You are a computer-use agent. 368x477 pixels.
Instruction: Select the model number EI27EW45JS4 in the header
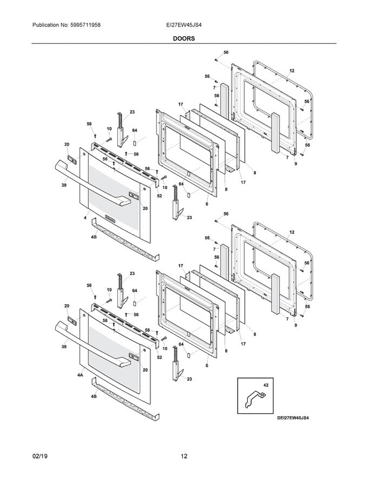click(184, 25)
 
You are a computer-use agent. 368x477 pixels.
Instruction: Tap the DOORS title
click(184, 38)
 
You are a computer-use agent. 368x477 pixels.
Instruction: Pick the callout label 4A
click(81, 375)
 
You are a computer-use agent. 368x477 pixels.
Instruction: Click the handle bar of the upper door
click(92, 184)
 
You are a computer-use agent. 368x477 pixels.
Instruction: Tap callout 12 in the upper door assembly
click(292, 71)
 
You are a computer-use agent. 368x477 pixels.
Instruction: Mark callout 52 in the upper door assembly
click(159, 196)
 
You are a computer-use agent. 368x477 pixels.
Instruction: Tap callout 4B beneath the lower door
click(94, 396)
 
